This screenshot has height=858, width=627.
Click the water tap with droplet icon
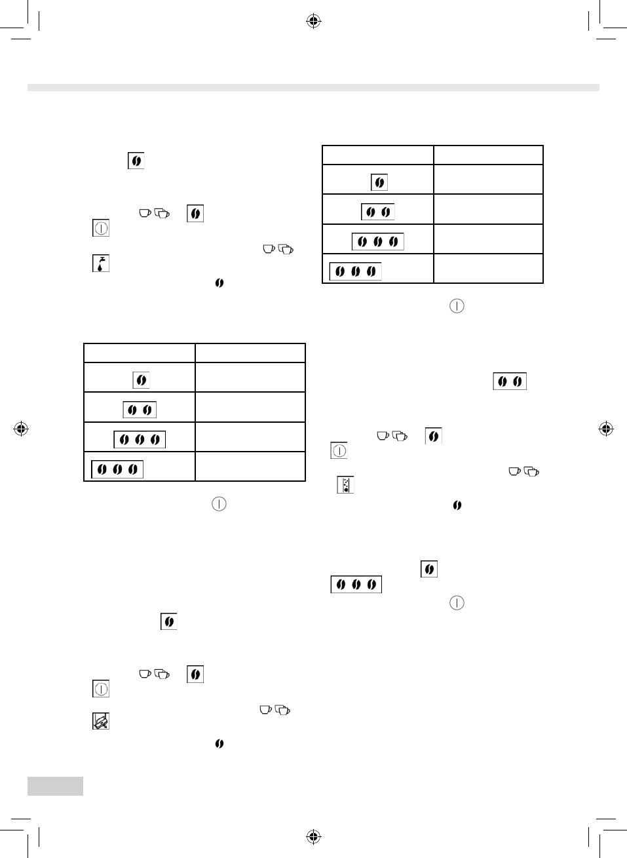(100, 263)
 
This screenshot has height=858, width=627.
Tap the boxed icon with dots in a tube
(345, 485)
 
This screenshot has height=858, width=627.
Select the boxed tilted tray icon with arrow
(100, 721)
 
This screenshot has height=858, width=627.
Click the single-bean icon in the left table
(141, 380)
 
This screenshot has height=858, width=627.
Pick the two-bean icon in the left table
(140, 410)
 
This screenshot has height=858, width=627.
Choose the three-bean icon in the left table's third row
(140, 439)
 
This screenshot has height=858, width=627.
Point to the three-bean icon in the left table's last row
(117, 469)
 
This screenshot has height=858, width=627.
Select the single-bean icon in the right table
(379, 182)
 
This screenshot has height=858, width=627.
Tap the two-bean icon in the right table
(378, 212)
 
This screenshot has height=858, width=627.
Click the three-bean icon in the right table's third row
(378, 241)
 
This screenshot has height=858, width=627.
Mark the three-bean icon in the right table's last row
(355, 271)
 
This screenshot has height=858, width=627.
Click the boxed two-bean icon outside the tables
(510, 381)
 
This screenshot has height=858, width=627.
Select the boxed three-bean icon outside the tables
(356, 584)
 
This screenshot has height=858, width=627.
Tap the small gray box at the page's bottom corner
(55, 786)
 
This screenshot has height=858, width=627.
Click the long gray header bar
(313, 88)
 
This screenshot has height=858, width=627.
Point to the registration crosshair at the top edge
(313, 22)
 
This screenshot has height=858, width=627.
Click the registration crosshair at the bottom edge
(313, 836)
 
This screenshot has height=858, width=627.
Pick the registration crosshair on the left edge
(21, 429)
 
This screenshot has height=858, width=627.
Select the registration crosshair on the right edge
(606, 429)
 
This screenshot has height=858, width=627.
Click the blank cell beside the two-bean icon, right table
(488, 209)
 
